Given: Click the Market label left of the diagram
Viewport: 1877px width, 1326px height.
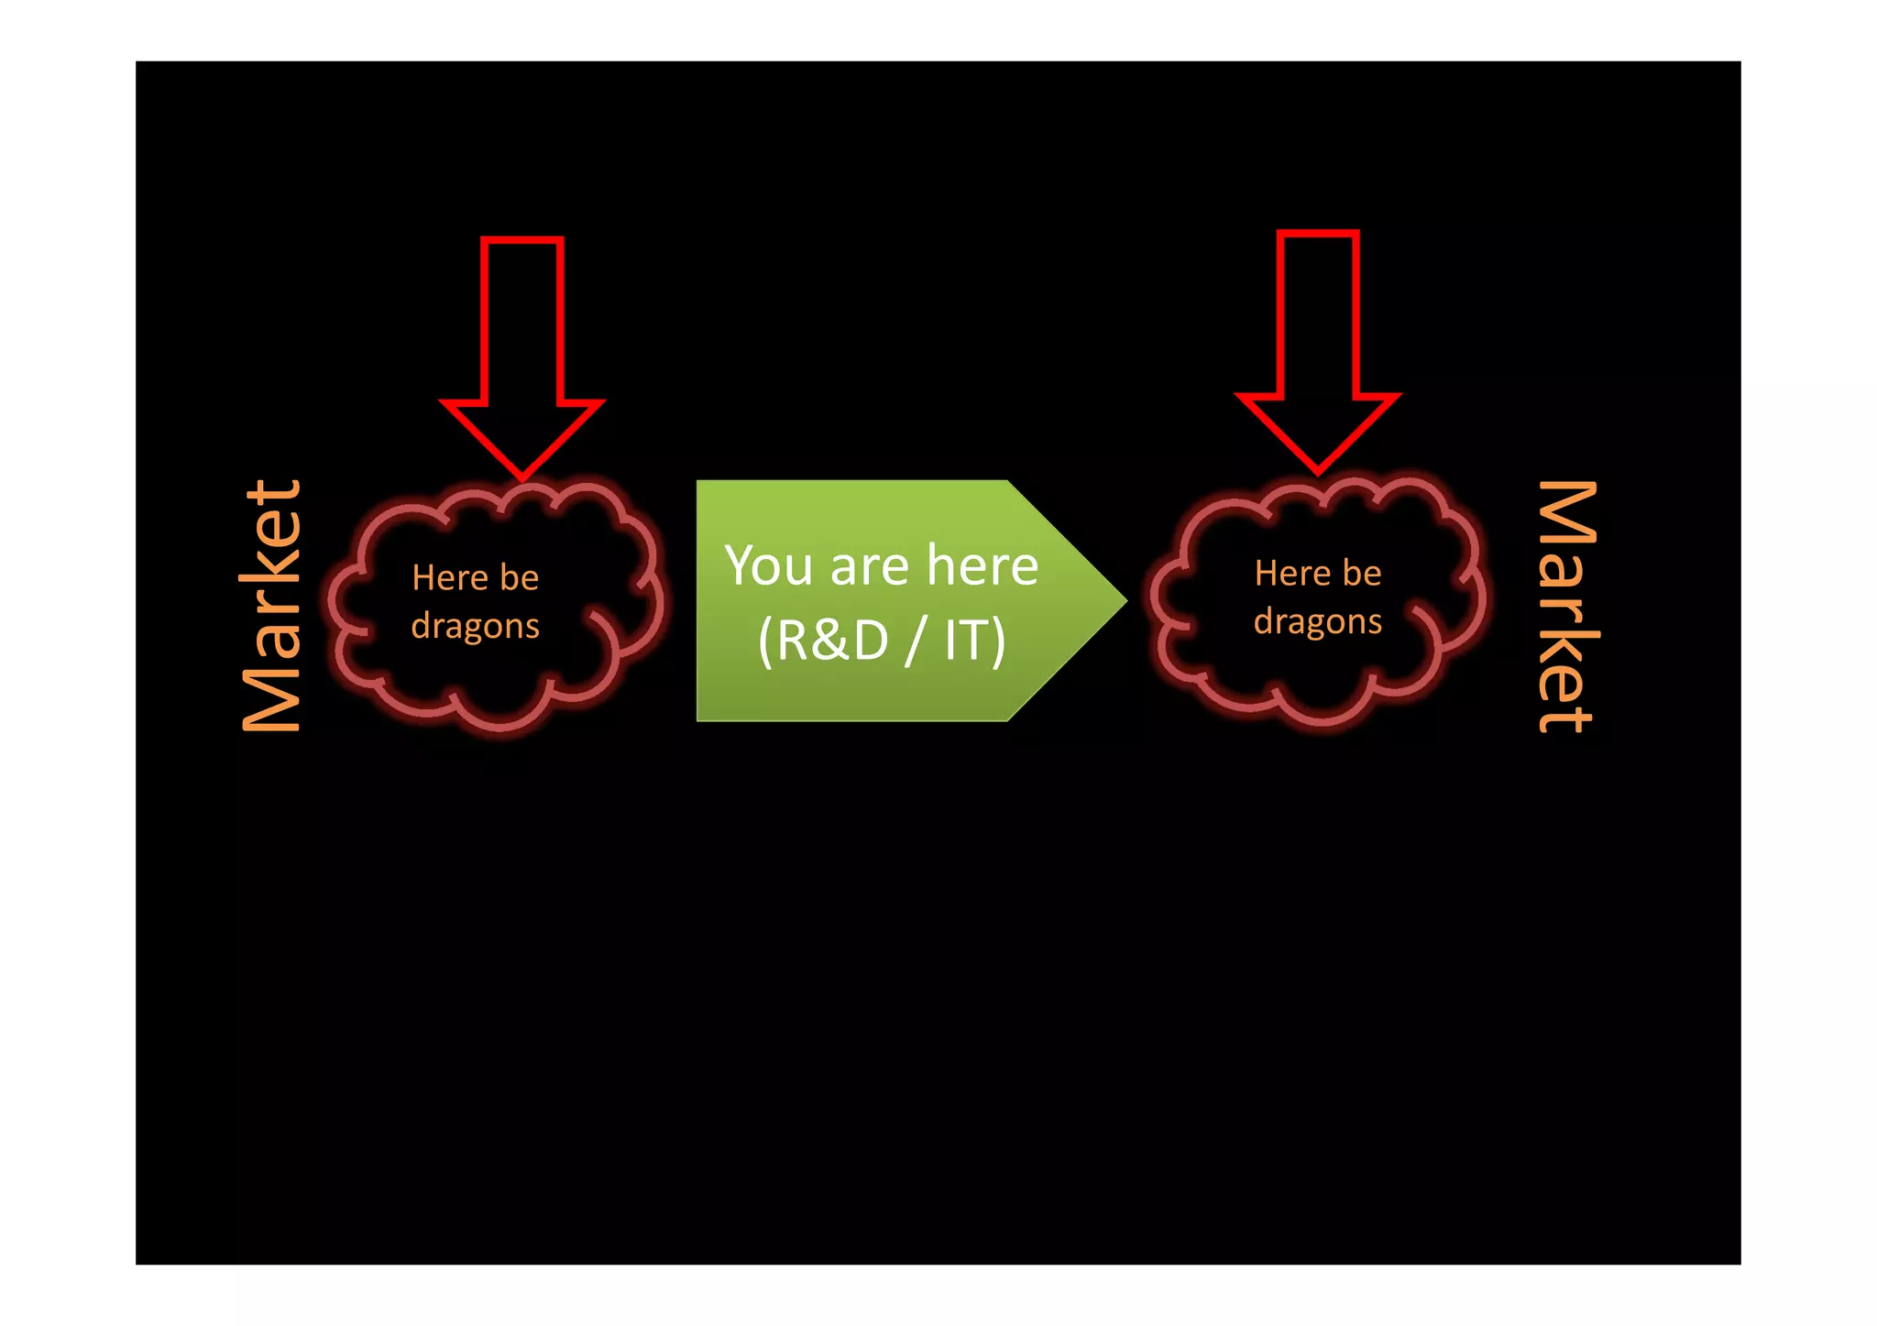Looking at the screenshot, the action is coord(271,606).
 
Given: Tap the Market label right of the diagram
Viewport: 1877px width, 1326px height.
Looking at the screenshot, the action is coord(1568,606).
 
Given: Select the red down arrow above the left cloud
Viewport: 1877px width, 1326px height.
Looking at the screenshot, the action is coord(522,348).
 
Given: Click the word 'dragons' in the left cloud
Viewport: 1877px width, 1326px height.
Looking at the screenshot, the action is coord(475,627).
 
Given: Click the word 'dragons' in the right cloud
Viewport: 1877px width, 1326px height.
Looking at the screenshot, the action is coord(1317,622).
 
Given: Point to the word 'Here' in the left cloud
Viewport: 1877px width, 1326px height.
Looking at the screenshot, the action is coord(450,578).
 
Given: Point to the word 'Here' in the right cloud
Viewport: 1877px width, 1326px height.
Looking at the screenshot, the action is coord(1292,574).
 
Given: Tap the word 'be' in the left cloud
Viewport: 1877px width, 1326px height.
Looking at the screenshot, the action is coord(520,578).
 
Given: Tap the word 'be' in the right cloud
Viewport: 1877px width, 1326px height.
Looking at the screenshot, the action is coord(1362,574).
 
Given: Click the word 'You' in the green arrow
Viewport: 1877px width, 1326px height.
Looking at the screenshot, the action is coord(768,565).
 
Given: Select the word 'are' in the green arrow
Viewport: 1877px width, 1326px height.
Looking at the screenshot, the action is coord(869,567).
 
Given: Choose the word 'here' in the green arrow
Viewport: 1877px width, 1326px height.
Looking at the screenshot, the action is coord(982,565).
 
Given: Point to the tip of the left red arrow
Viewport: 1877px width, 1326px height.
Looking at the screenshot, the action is coord(522,477).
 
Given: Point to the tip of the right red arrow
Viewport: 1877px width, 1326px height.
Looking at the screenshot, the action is coord(1318,471).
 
